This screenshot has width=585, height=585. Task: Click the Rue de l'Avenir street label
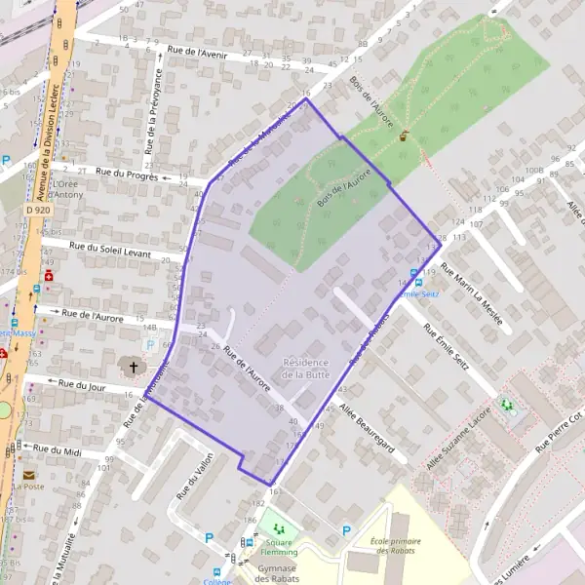(x=197, y=52)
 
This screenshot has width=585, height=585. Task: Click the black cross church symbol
(x=134, y=367)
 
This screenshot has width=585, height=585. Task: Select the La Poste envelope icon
(x=29, y=475)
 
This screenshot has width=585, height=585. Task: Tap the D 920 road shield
(x=39, y=211)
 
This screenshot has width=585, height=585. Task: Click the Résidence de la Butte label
(x=305, y=368)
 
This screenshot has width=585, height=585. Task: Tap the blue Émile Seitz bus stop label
(x=420, y=292)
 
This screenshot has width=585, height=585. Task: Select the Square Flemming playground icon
(x=278, y=529)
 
